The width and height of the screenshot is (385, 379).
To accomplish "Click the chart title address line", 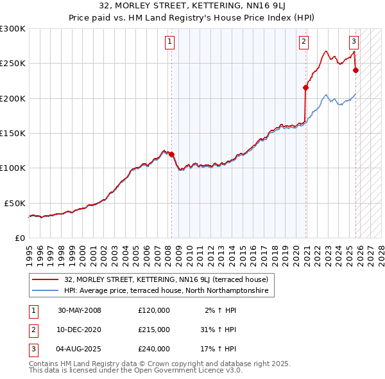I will coord(193,6).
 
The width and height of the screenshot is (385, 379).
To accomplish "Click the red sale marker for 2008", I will coord(172,154).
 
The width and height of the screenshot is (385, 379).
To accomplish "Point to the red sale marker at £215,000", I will coord(306,88).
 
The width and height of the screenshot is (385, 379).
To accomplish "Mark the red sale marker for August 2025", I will coord(356,71).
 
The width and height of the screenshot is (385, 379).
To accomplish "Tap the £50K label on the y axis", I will coord(15,203).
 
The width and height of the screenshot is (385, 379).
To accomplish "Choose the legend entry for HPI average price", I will coord(168,290).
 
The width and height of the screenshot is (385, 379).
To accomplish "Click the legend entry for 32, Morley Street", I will coord(169,279).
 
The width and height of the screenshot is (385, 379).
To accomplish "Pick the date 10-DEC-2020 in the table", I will coord(79,330).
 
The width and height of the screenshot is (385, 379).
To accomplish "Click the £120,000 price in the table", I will coord(154,310).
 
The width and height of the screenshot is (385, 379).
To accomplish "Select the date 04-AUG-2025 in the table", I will coord(79,349).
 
